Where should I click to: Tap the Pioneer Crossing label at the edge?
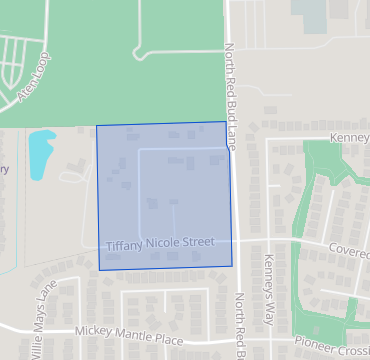[332, 343]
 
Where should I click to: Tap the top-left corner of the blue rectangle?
[96, 126]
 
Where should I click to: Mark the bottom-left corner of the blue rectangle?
[100, 270]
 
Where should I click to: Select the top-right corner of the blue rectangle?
[226, 122]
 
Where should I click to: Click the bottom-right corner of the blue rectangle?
[232, 266]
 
